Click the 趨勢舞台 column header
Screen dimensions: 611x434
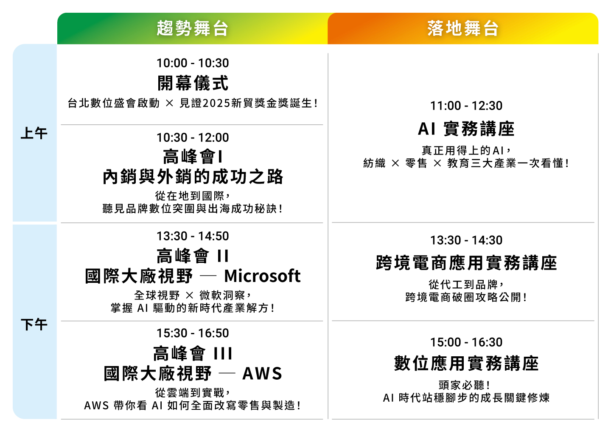coord(192,28)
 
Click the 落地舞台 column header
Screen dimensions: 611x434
coord(463,28)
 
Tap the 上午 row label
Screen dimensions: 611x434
coord(34,133)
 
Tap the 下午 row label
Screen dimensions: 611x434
coord(34,324)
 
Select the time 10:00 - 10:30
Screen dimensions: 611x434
coord(193,63)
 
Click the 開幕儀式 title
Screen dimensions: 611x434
coord(193,83)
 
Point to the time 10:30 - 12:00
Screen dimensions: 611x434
coord(193,138)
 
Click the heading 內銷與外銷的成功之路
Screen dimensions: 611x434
coord(193,177)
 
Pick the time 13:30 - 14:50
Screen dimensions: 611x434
coord(193,236)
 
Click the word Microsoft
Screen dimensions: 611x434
coord(262,276)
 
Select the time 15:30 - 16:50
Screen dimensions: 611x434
coord(193,333)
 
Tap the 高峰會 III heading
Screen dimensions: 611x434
coord(193,353)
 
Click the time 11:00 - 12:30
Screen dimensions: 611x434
coord(466,106)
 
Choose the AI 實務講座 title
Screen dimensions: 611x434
coord(466,129)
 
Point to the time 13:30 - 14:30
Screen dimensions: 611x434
coord(466,240)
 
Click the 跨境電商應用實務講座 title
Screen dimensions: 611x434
coord(466,263)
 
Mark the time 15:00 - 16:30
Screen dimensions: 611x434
coord(466,342)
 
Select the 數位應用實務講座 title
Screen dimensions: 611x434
coord(466,364)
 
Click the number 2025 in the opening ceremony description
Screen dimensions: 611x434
coord(216,104)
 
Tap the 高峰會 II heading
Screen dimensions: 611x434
coord(193,256)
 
